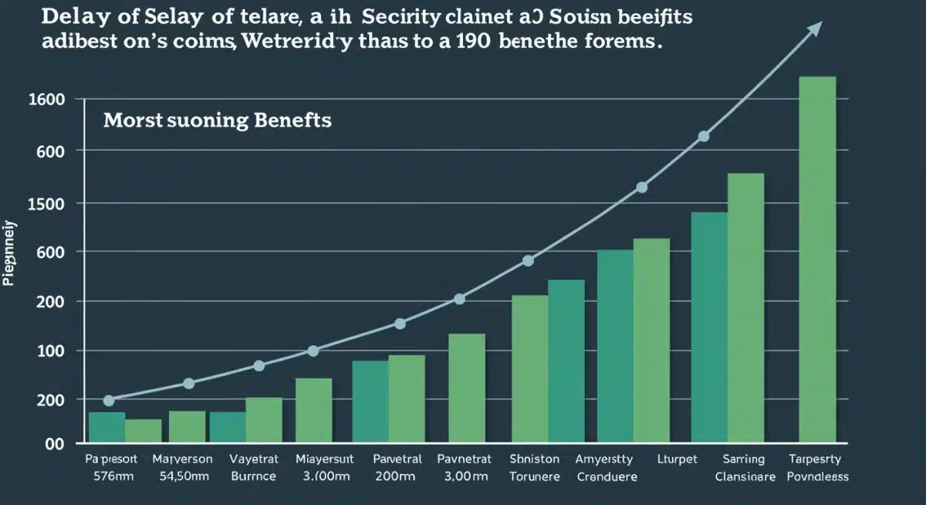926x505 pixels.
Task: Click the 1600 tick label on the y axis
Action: pos(46,100)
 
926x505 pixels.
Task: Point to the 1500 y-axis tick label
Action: pos(46,203)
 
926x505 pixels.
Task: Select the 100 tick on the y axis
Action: pos(49,351)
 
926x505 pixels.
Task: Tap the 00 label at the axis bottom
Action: pos(54,445)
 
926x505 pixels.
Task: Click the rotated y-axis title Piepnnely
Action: pos(10,254)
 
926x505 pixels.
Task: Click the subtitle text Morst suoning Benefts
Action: pos(217,121)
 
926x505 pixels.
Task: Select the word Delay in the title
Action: pos(76,17)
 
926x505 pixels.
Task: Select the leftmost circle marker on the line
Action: pos(109,400)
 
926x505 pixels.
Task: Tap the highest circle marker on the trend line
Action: pos(703,137)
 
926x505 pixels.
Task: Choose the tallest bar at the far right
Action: pos(817,259)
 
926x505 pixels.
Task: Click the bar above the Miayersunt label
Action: pos(313,411)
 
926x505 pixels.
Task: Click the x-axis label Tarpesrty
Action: pos(817,459)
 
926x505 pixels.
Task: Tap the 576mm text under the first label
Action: pos(108,476)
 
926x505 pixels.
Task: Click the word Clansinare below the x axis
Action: pos(745,476)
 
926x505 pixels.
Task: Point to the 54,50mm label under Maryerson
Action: pos(183,476)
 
